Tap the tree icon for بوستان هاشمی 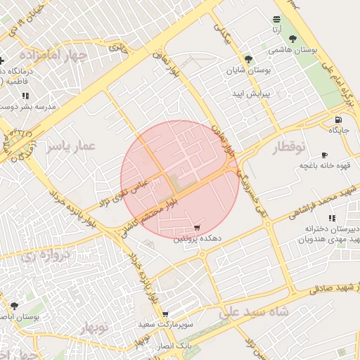(x=292, y=39)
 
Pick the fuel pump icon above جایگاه (x=339, y=119)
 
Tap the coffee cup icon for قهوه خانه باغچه (x=324, y=155)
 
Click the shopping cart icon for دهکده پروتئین (x=197, y=228)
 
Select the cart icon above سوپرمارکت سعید (x=165, y=314)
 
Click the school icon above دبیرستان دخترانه (x=331, y=218)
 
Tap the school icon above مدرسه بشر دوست (x=25, y=96)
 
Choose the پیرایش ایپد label (x=252, y=94)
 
